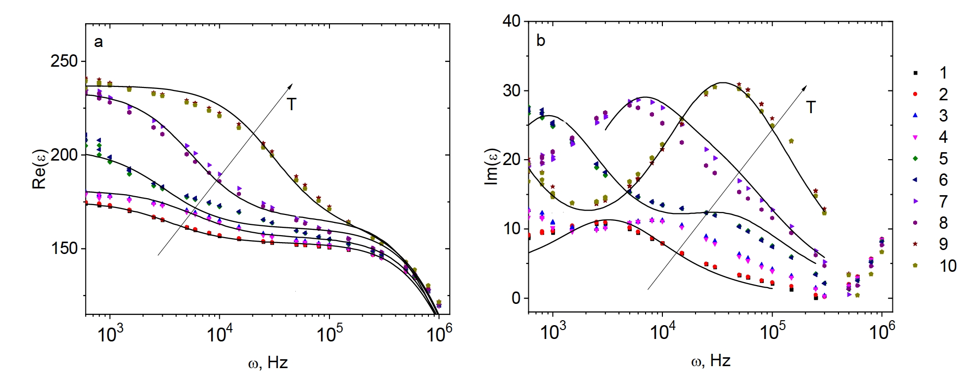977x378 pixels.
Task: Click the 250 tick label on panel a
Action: [64, 61]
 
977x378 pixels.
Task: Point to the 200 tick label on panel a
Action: [64, 155]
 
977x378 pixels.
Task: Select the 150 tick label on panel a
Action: [64, 249]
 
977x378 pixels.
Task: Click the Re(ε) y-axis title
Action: [39, 169]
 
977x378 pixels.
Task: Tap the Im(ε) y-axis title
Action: [491, 167]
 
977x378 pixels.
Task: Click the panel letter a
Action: [98, 42]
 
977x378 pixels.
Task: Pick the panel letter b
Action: [541, 41]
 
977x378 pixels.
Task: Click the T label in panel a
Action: [291, 105]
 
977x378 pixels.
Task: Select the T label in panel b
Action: [811, 107]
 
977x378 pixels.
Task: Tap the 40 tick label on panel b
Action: [511, 21]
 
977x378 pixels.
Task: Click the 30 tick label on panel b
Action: [511, 90]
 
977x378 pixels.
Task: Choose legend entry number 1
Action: [943, 73]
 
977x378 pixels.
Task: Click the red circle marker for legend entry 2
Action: [915, 94]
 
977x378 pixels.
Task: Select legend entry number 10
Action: [948, 266]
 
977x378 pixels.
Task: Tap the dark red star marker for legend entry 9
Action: [915, 244]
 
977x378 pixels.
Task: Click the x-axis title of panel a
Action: [268, 363]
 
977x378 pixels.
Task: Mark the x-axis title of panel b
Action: [710, 361]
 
